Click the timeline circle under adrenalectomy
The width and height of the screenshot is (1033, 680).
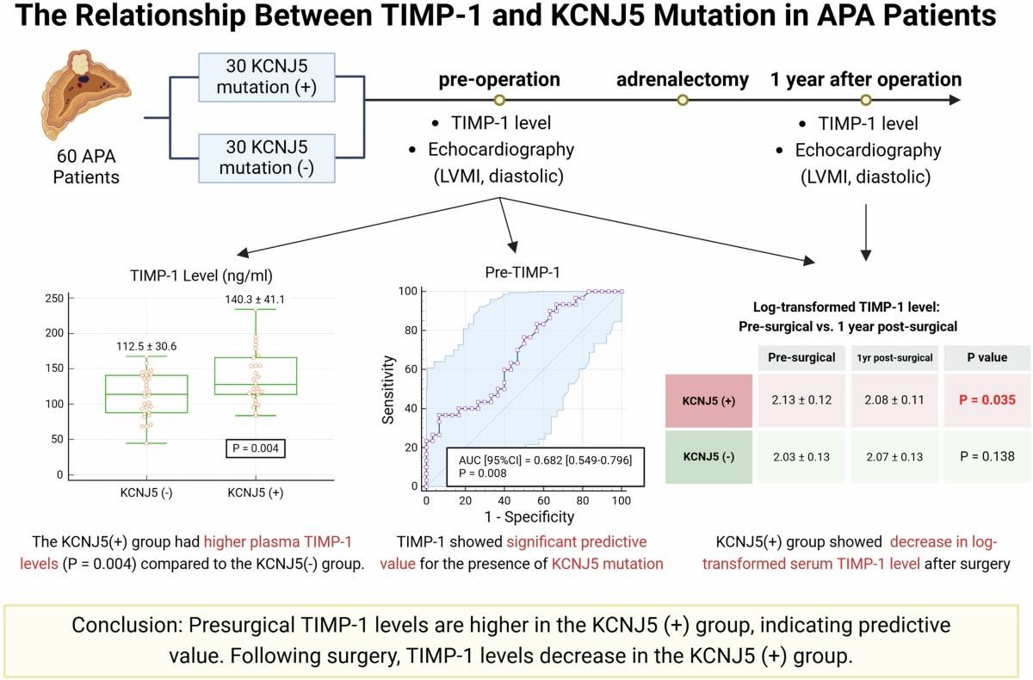(x=683, y=101)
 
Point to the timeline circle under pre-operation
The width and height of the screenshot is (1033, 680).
(x=499, y=101)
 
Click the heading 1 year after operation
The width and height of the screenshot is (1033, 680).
(x=865, y=80)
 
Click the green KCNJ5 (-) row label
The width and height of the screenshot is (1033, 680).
(x=708, y=457)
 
